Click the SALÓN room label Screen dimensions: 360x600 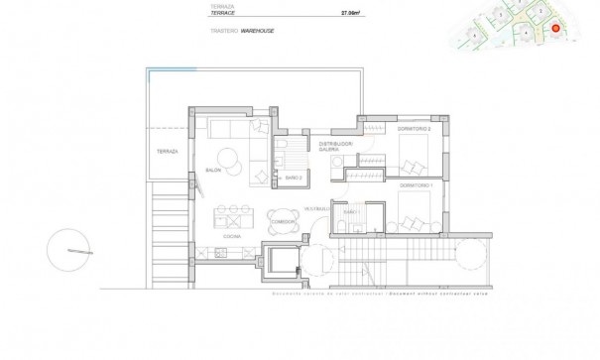[212, 170]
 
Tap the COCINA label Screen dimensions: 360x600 [230, 238]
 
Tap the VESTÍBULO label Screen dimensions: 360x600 [315, 208]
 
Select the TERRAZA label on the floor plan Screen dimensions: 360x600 [166, 151]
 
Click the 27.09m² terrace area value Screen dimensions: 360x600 [348, 14]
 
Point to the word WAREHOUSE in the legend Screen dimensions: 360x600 [256, 32]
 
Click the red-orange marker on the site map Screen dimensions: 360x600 [556, 29]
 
